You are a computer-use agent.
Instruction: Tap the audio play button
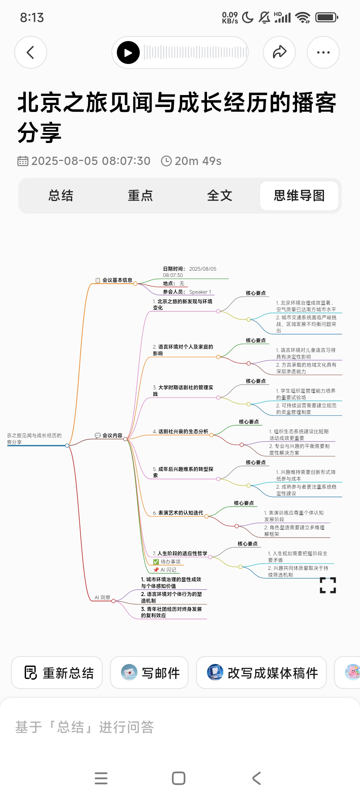128,53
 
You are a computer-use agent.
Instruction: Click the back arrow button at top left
31,53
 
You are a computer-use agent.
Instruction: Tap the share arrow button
279,52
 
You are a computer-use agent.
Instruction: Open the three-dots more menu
323,52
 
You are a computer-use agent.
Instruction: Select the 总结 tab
61,196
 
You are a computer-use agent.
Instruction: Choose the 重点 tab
140,196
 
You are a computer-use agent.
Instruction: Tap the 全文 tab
220,196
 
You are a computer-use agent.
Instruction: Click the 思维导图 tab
299,196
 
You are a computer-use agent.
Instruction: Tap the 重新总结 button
57,673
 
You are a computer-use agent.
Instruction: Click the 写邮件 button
149,673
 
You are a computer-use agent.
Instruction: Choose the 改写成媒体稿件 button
261,673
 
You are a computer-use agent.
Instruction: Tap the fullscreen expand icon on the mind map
328,585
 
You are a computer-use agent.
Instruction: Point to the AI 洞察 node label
102,597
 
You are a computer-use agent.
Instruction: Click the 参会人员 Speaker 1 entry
187,292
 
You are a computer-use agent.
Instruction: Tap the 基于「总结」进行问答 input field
133,727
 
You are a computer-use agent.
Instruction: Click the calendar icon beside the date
23,161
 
